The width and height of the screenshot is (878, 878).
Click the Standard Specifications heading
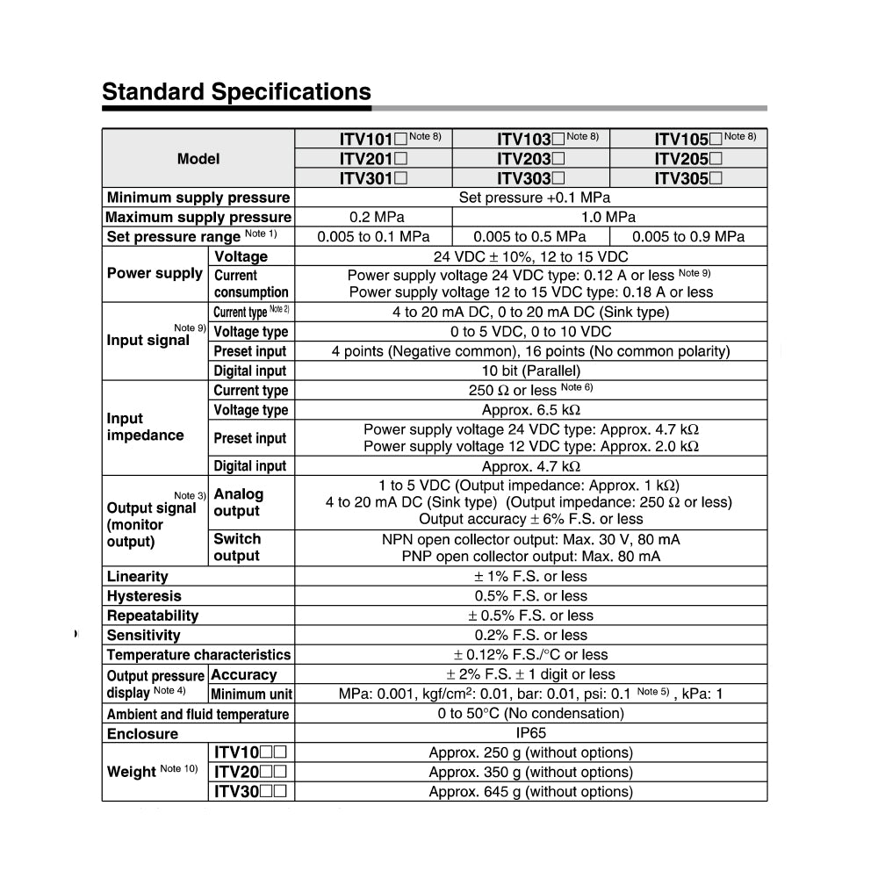click(236, 92)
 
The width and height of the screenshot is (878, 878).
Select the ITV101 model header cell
click(373, 139)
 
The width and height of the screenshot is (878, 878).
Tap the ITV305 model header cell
click(688, 178)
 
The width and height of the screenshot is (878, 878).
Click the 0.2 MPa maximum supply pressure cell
click(373, 217)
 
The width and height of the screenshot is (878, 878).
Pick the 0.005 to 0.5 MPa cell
click(529, 236)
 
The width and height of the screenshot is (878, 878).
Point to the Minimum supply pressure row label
click(198, 198)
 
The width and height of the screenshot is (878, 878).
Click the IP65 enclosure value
click(530, 733)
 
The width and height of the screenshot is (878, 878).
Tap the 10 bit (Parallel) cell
click(530, 371)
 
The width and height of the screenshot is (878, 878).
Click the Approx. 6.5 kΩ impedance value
click(530, 410)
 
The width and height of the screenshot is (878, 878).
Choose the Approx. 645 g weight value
click(530, 792)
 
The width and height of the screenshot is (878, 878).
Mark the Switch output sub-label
click(237, 547)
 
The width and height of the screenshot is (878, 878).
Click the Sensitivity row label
click(143, 636)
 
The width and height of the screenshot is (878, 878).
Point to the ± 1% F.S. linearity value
click(530, 577)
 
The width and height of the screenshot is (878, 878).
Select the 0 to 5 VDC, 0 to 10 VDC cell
click(530, 332)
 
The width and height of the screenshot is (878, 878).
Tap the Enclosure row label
click(142, 734)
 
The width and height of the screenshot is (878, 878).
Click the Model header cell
click(198, 159)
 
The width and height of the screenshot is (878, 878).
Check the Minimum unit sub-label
click(251, 694)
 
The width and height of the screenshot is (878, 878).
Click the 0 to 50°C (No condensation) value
click(530, 714)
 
